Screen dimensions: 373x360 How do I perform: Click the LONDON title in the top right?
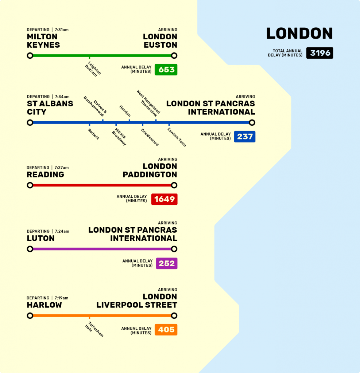pos(299,34)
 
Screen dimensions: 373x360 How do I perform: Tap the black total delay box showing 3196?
pos(320,53)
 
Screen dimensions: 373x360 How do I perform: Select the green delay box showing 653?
pos(166,69)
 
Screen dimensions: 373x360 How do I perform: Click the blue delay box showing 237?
pos(244,136)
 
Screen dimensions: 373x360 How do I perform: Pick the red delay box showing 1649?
pos(164,199)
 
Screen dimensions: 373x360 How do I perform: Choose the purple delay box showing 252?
pos(166,263)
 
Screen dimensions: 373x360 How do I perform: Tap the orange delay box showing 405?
pos(166,330)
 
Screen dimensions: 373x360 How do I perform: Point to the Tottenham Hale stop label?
pos(94,329)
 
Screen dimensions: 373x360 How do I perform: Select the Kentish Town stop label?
pos(177,137)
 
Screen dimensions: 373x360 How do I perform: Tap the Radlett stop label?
pos(93,134)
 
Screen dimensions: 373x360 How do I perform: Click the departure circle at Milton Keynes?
pos(30,56)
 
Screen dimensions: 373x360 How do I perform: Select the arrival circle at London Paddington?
pos(174,185)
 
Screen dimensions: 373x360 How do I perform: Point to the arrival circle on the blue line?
pos(252,122)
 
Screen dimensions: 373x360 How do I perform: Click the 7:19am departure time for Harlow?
pos(61,298)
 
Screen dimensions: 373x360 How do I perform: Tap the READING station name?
pos(45,174)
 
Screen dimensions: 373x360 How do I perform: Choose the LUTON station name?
pos(40,238)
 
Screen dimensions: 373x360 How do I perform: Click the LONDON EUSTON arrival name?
pos(160,41)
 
